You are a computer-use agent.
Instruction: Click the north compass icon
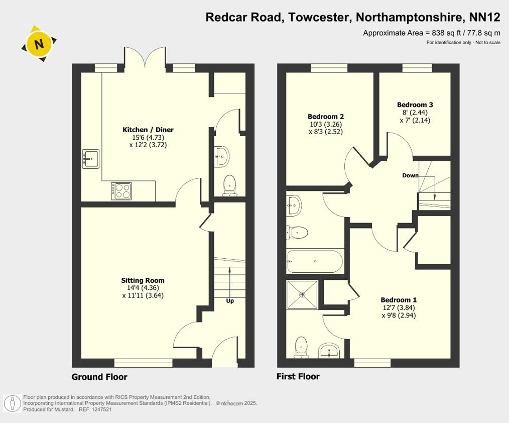tap(39, 44)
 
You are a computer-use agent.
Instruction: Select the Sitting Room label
tap(143, 280)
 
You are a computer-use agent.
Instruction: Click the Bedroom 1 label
tap(398, 299)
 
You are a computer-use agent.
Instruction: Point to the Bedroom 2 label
tap(326, 117)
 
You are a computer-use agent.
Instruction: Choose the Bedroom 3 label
tap(415, 105)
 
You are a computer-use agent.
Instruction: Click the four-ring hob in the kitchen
tap(121, 191)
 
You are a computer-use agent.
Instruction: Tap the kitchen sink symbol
tap(90, 159)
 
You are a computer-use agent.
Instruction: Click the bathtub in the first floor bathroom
tap(315, 262)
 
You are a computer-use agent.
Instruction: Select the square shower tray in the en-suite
tap(302, 294)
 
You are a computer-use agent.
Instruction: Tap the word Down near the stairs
tap(410, 176)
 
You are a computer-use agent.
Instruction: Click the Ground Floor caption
tap(99, 377)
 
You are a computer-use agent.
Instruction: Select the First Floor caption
tap(298, 376)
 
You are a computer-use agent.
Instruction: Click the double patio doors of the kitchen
tap(145, 58)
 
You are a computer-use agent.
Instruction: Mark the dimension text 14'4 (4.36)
tap(143, 288)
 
